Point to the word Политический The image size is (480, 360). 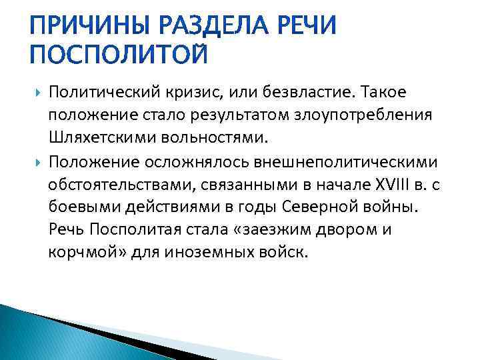[108, 90]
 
